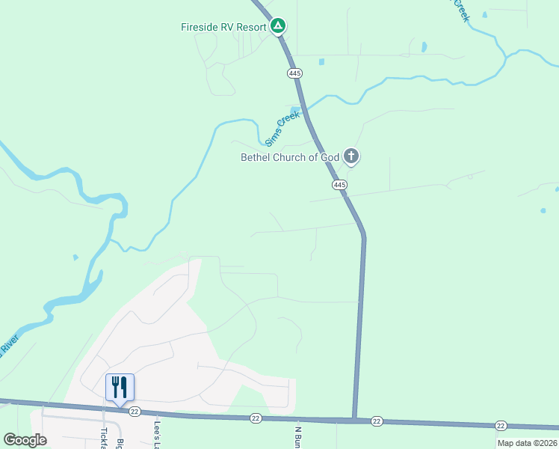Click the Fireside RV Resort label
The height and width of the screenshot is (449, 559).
[223, 27]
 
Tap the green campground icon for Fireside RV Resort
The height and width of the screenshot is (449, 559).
[278, 27]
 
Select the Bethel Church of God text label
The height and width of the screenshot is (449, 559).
[289, 157]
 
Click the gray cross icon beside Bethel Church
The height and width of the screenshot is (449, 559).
[351, 157]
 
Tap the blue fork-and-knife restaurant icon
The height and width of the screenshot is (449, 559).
[120, 387]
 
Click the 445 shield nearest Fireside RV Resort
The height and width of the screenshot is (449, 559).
[294, 73]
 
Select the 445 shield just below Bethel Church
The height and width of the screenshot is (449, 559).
[339, 184]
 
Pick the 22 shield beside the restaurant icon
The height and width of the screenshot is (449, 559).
[135, 412]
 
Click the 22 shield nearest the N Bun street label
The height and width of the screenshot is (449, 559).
[256, 418]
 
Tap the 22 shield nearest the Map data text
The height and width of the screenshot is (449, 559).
[500, 425]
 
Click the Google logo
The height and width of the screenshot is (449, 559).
[25, 440]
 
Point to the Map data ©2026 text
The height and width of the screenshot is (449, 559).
[527, 443]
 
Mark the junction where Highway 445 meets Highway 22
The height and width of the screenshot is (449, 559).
[353, 419]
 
